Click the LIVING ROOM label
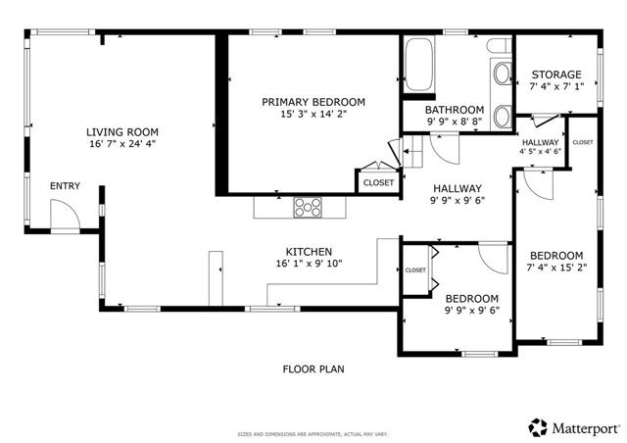[121, 132]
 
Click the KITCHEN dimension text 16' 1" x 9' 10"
[309, 265]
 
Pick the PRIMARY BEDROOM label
[313, 101]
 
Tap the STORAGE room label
[555, 74]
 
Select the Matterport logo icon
[538, 427]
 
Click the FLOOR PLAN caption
[313, 369]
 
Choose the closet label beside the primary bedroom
[378, 182]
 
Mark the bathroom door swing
[443, 148]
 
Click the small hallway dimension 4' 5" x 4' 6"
[540, 151]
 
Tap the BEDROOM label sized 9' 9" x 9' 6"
[472, 298]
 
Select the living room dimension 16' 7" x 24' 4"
[121, 145]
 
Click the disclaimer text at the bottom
[313, 434]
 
